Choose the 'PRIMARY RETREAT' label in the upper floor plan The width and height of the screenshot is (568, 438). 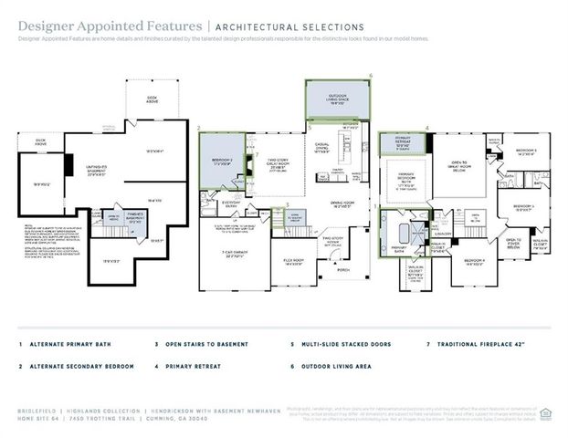[x=403, y=144]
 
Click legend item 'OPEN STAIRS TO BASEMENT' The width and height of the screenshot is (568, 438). [x=206, y=345]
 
